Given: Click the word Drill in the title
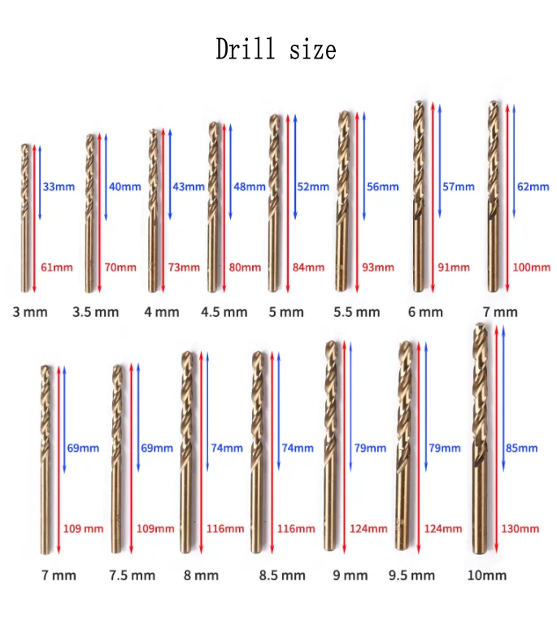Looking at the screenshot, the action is (246, 49).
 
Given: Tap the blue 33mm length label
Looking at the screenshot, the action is (59, 187).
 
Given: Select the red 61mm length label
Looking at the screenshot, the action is (57, 267).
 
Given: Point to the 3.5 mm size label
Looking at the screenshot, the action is (96, 312).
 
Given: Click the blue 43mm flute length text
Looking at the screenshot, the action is (189, 187).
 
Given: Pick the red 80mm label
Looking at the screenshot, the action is (245, 267).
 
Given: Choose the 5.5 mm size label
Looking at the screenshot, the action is (357, 312).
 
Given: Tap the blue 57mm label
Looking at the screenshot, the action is (459, 187).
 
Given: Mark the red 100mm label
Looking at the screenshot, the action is (532, 267).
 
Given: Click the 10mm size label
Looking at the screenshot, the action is (487, 575).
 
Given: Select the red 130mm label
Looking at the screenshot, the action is (520, 529).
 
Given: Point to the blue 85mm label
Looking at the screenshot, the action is (522, 448).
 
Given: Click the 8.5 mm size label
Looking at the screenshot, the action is (282, 575).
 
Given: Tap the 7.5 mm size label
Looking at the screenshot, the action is (132, 575).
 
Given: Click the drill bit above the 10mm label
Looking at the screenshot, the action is (480, 438).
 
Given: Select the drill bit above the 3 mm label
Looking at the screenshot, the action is (25, 218).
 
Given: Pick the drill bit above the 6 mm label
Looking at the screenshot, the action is (419, 197).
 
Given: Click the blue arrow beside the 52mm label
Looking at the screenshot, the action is (295, 167).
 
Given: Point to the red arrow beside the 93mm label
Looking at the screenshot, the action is (357, 202).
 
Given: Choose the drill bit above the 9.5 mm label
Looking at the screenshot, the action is (404, 445).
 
